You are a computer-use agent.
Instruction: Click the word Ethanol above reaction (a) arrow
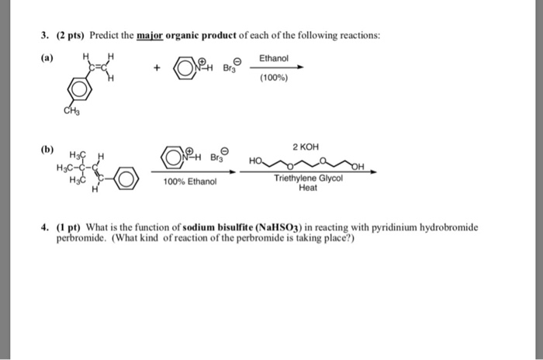tap(274, 58)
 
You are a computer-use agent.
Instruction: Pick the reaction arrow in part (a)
tap(275, 67)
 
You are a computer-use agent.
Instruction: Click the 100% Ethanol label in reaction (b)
tap(189, 182)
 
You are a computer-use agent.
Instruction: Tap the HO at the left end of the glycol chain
tap(257, 161)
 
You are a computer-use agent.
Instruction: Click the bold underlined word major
tap(150, 36)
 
